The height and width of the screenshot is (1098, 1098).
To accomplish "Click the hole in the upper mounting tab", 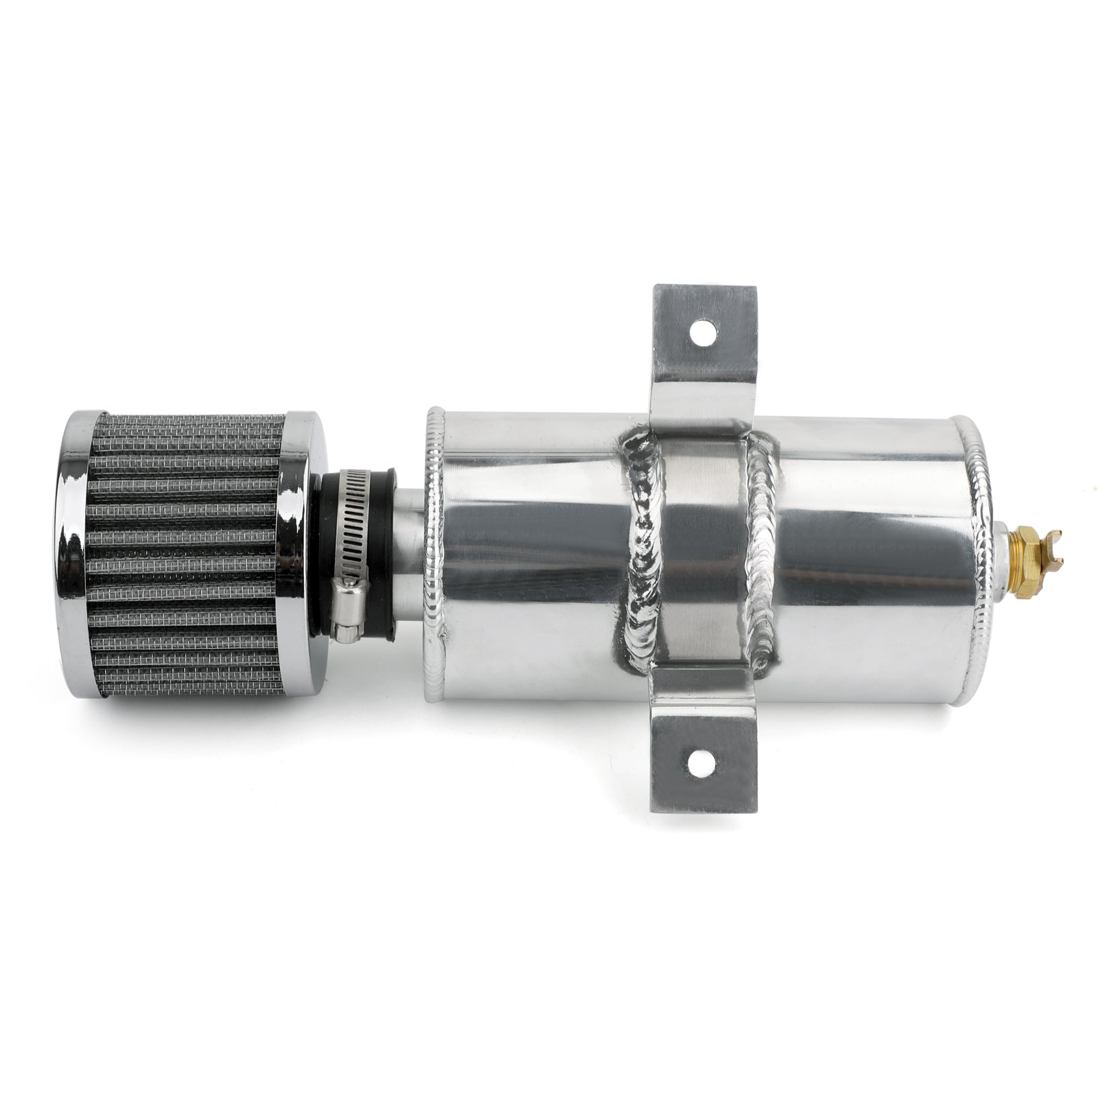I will click(x=701, y=333).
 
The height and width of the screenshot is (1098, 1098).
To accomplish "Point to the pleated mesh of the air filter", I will click(x=185, y=549).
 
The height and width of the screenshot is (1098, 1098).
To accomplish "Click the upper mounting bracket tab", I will click(x=700, y=357).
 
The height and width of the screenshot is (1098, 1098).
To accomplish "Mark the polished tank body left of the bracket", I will click(x=535, y=549).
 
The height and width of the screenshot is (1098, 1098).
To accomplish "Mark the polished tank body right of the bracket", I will click(x=878, y=549).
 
